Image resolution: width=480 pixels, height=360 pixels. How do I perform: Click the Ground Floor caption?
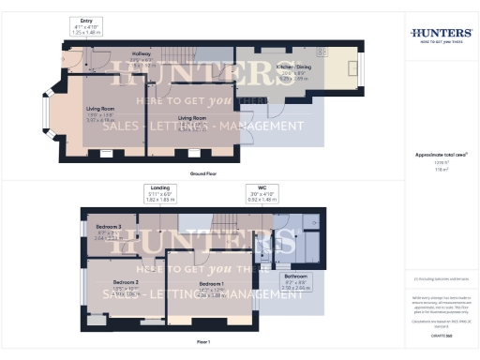203,173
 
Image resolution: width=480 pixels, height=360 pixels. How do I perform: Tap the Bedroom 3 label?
109,227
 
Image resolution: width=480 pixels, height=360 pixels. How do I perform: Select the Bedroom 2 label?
126,282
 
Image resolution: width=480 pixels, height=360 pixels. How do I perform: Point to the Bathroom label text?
296,278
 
